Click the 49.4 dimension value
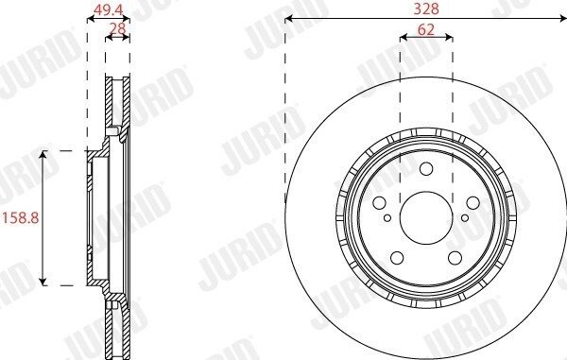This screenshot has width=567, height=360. (108, 10)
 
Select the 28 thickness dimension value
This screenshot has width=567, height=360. (117, 27)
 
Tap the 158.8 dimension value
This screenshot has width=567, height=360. (20, 218)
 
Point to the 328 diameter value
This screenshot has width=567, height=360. (426, 9)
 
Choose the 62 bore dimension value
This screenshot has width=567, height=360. (425, 29)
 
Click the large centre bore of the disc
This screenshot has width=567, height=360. (426, 218)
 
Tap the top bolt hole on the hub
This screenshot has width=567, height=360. (426, 169)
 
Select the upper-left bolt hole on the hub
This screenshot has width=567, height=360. (379, 203)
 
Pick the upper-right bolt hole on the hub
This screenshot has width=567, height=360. (473, 203)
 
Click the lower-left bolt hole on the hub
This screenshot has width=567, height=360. (398, 258)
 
